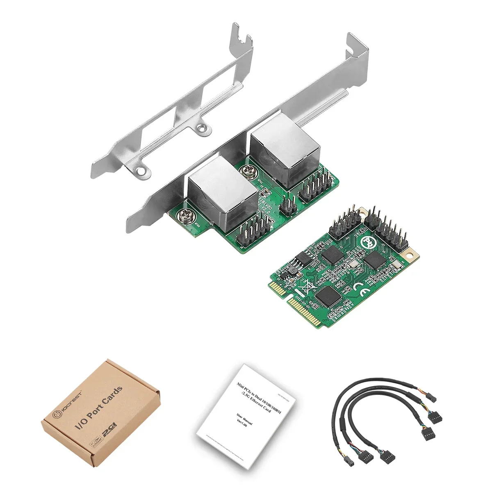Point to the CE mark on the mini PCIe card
coord(357,286)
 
